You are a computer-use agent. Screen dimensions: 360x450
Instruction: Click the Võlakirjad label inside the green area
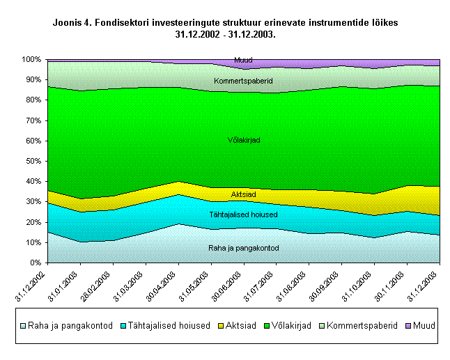pyautogui.click(x=244, y=141)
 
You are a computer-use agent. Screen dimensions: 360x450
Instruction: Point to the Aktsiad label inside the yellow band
pyautogui.click(x=244, y=194)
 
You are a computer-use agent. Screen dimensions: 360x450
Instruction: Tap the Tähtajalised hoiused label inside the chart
pyautogui.click(x=243, y=215)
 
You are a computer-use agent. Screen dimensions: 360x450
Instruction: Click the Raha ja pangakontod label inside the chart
pyautogui.click(x=243, y=248)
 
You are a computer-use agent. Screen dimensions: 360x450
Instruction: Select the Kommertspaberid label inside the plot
pyautogui.click(x=243, y=81)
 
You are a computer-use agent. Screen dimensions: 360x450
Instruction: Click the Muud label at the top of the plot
pyautogui.click(x=243, y=61)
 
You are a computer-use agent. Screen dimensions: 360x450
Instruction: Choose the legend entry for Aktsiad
pyautogui.click(x=240, y=325)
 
